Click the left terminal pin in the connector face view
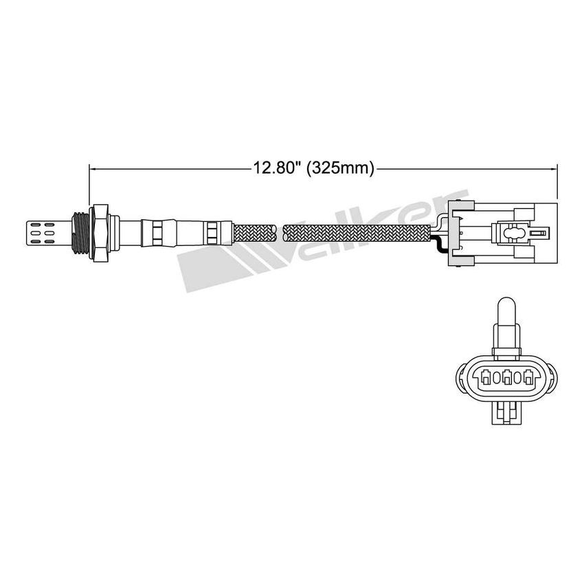point(486,377)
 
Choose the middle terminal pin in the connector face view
point(508,377)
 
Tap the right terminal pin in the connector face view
point(528,377)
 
